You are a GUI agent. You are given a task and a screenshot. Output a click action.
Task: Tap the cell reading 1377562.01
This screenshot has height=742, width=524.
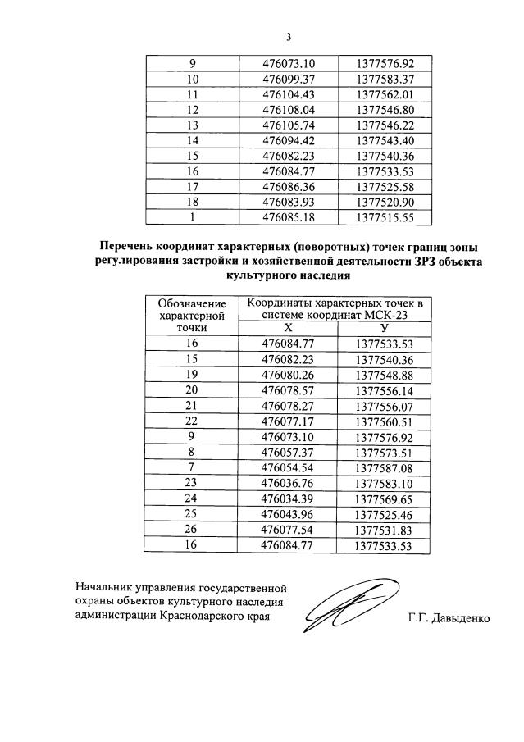tap(385, 94)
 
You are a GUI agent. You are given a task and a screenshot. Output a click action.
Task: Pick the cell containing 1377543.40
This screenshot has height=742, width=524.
tap(385, 140)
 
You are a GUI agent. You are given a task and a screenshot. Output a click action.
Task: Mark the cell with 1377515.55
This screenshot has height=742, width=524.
tap(385, 217)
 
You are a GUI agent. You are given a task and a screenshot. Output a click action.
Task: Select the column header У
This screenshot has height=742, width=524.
tap(385, 327)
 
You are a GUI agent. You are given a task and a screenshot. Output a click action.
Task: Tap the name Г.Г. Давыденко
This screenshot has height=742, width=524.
tap(448, 617)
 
